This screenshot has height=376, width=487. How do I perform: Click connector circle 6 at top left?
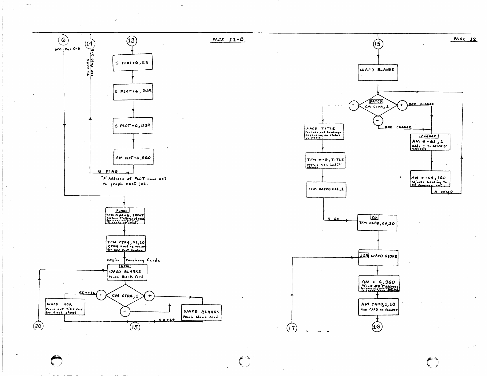(63, 40)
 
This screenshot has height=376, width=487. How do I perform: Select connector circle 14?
(90, 43)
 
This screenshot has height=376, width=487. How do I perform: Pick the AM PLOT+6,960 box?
(133, 158)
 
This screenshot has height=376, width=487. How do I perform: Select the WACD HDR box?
(65, 307)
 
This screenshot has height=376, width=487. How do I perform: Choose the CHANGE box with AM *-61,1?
(430, 142)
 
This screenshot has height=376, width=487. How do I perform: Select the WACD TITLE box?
(324, 132)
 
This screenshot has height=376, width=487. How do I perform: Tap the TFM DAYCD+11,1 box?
(326, 190)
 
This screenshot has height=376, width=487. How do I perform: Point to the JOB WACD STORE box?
(378, 257)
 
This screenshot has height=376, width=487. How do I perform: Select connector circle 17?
(292, 328)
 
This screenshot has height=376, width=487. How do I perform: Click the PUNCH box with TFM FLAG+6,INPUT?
(125, 216)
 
